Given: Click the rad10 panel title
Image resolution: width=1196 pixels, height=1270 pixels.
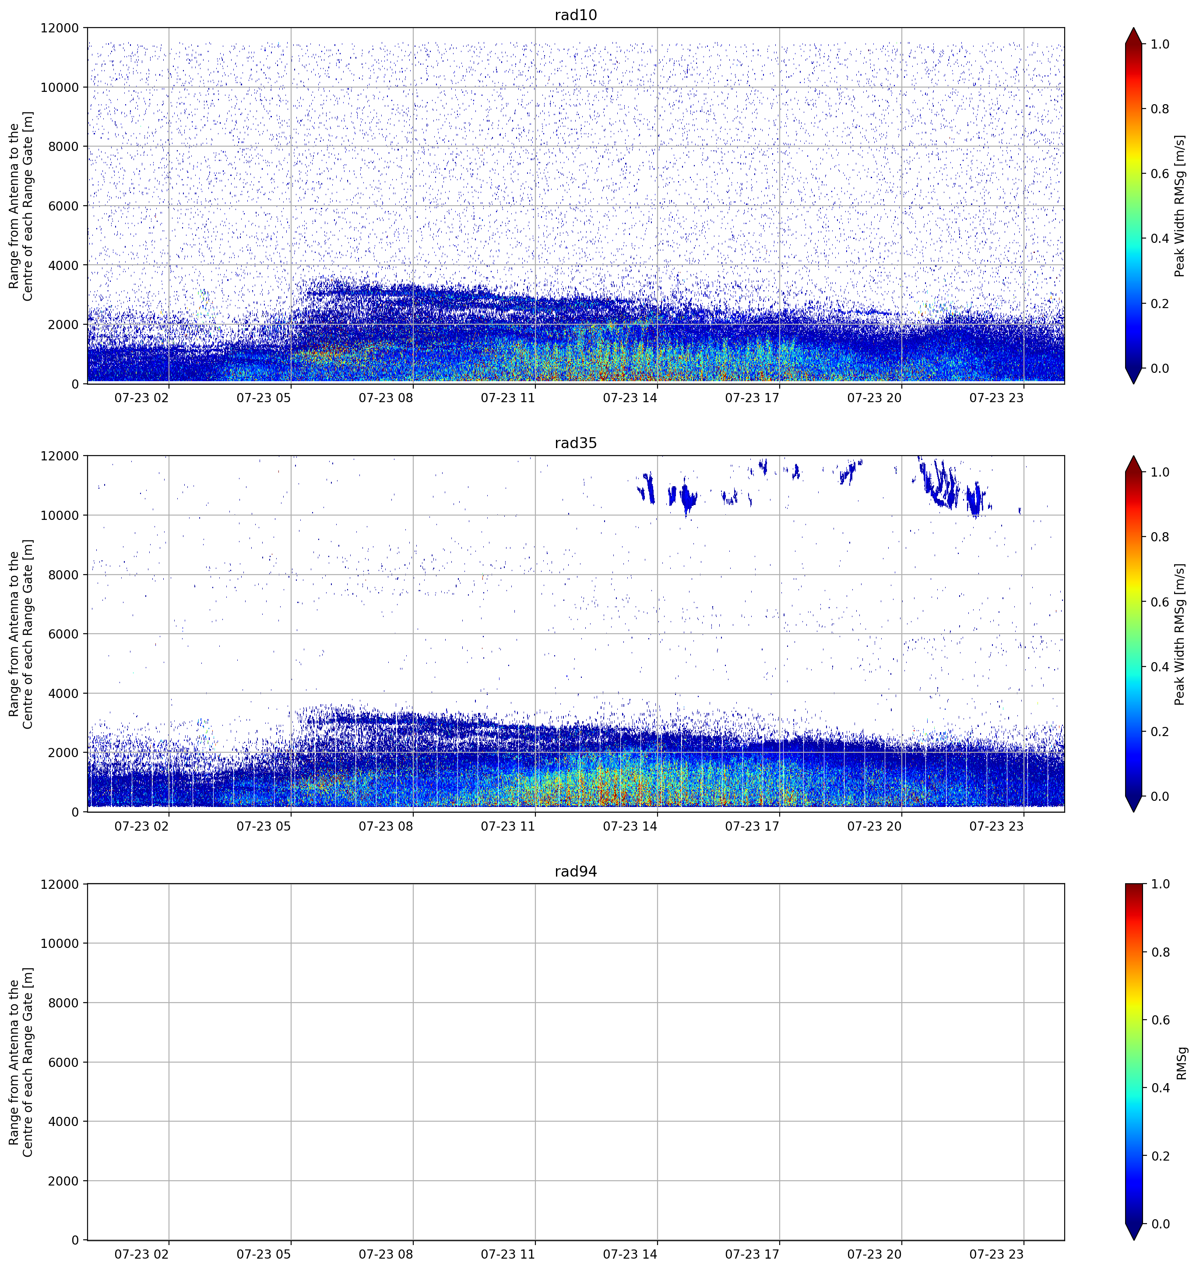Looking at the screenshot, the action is [x=576, y=15].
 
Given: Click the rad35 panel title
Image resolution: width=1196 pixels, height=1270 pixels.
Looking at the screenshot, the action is [x=576, y=443].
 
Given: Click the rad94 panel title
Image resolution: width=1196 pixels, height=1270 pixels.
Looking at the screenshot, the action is [x=576, y=871].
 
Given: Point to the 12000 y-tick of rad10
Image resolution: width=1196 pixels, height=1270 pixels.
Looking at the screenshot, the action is [x=60, y=28].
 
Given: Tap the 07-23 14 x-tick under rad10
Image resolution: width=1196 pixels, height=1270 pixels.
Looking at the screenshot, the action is [x=630, y=397].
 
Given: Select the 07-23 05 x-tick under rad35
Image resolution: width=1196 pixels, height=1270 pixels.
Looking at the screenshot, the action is [x=264, y=825].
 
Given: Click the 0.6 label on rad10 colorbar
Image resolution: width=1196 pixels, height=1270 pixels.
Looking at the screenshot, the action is [x=1160, y=174].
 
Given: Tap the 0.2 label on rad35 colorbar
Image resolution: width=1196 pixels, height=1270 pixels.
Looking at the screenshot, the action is [x=1160, y=731].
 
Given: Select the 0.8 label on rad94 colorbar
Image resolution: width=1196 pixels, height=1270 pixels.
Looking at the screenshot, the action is [x=1160, y=952].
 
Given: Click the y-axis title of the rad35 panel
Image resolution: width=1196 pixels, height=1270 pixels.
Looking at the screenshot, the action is [x=21, y=634].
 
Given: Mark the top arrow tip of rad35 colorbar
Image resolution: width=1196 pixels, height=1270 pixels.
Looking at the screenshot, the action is [x=1134, y=456].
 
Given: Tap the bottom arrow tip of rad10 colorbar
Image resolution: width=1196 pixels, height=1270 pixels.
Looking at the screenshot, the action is [x=1134, y=383].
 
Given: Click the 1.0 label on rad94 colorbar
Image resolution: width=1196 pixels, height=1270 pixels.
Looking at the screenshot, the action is [x=1160, y=884].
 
